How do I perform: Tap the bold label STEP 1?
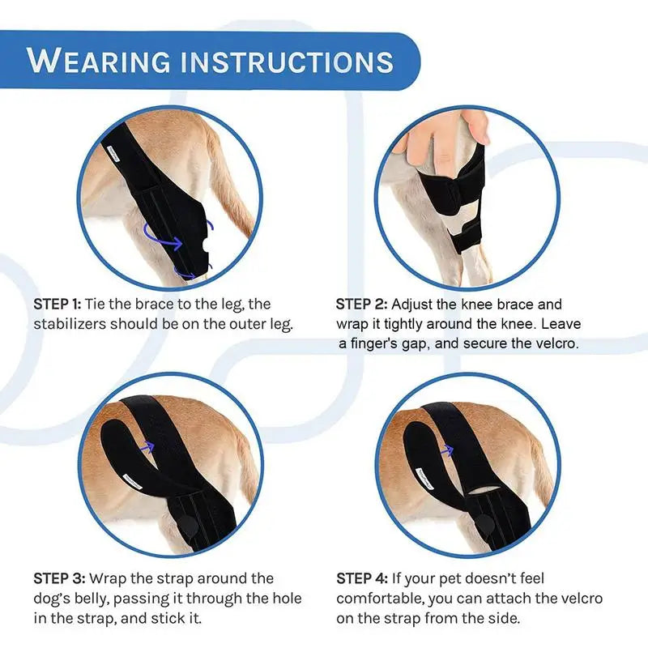coord(58,305)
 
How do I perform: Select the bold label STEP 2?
coord(360,305)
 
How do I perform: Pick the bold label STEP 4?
coord(361,578)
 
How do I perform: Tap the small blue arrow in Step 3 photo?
coord(147,444)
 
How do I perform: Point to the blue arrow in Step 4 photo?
coord(446,446)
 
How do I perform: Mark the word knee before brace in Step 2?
coord(478,305)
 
